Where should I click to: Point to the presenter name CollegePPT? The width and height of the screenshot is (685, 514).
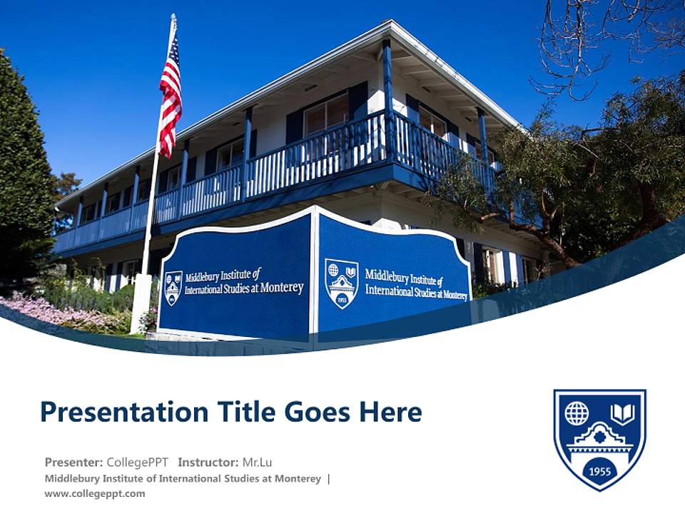click(138, 462)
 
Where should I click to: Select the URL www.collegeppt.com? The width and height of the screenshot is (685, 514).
click(95, 493)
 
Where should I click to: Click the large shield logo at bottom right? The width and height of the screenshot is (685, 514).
click(599, 438)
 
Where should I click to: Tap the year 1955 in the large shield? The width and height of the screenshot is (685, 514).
click(599, 470)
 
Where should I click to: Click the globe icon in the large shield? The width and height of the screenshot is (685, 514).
click(577, 413)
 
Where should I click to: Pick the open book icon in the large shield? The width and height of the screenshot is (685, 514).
click(622, 413)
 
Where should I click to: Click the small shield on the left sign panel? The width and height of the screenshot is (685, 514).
click(173, 288)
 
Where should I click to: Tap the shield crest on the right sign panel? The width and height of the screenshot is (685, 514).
click(341, 283)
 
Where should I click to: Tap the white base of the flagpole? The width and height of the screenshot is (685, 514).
click(141, 303)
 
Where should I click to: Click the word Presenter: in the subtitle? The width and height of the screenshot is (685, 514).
click(73, 462)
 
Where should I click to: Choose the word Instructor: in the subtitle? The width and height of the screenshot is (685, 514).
click(207, 462)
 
